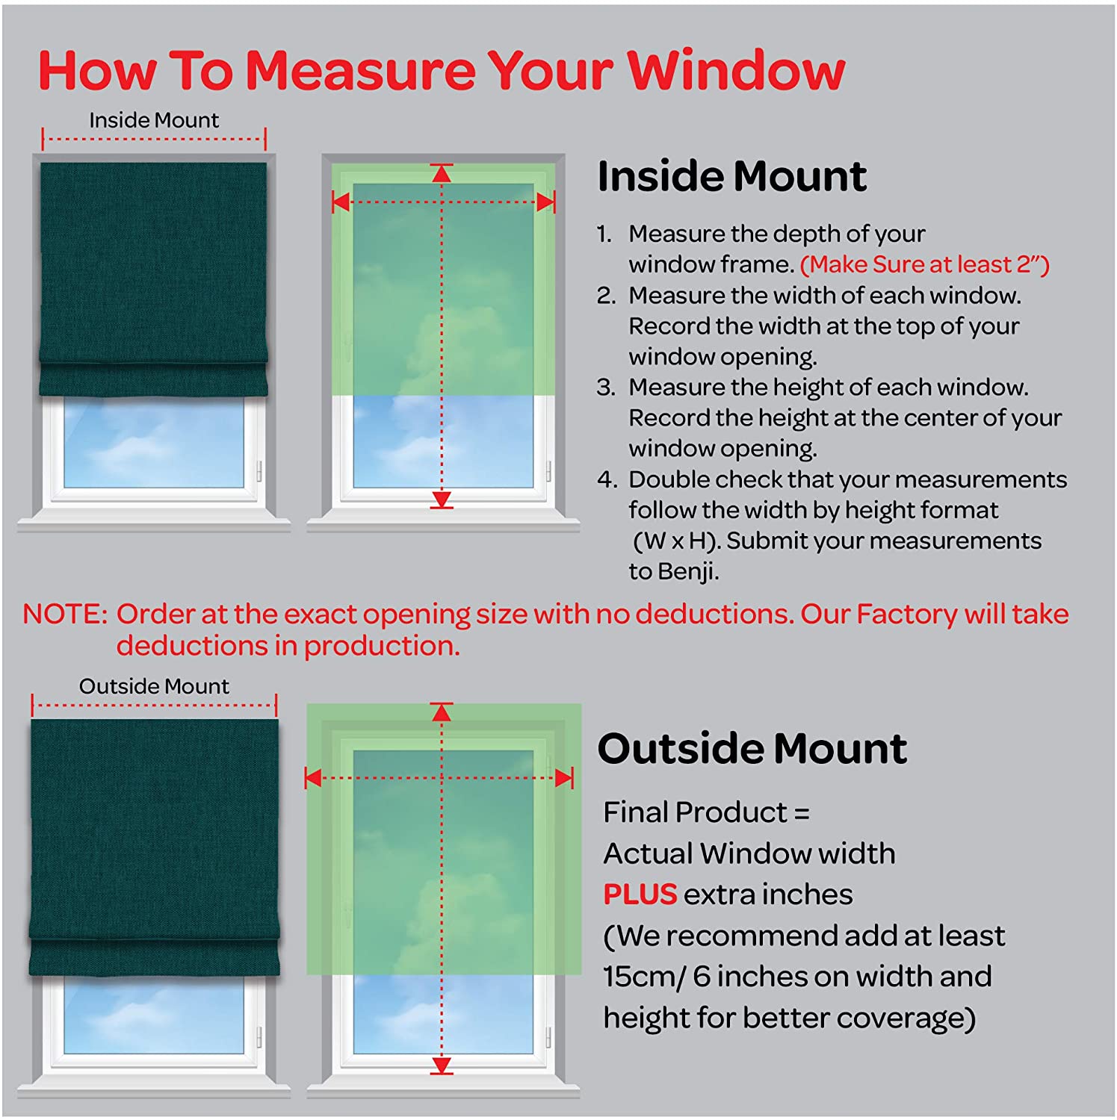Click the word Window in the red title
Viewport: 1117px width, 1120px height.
[x=735, y=70]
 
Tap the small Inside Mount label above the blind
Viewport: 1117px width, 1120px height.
[x=154, y=120]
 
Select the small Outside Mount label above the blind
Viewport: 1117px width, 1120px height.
[x=154, y=686]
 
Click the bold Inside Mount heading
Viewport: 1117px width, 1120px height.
[x=732, y=177]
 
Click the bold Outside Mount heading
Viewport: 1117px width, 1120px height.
[x=752, y=748]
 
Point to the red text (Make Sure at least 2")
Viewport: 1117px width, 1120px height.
[x=925, y=264]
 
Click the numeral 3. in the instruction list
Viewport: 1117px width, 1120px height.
[x=606, y=388]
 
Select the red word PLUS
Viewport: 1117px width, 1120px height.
[x=640, y=895]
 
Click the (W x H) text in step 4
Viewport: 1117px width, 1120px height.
[x=677, y=541]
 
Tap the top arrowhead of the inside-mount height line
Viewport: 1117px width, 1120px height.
[x=442, y=174]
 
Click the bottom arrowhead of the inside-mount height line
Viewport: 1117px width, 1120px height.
[x=442, y=499]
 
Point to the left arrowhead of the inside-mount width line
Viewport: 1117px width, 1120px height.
[x=341, y=202]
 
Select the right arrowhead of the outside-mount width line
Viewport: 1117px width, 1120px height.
[x=564, y=778]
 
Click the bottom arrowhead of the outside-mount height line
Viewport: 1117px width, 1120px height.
[x=442, y=1065]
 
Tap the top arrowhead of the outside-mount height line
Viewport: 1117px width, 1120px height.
[x=442, y=713]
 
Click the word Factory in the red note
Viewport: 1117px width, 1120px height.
[x=906, y=614]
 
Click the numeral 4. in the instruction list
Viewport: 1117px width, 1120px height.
[x=607, y=479]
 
